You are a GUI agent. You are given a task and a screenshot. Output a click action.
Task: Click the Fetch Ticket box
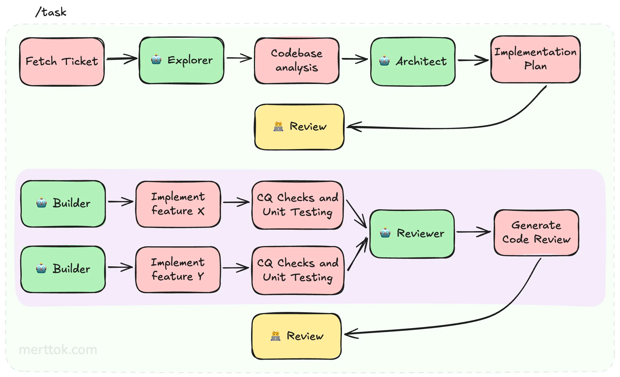[x=62, y=62]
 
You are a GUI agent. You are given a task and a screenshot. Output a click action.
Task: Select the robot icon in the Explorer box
[x=156, y=60]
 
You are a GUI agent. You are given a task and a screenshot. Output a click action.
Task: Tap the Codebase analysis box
[x=297, y=61]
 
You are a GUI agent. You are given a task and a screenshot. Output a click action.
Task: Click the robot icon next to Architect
[x=384, y=61]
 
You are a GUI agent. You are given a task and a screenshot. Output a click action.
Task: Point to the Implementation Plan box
[x=535, y=59]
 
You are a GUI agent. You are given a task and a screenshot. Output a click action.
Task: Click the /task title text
[x=51, y=12]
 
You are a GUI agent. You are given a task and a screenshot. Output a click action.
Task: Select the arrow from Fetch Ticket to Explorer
[x=121, y=59]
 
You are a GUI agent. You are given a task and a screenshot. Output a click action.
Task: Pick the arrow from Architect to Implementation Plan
[x=473, y=60]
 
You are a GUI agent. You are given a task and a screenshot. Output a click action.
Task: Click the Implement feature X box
[x=178, y=204]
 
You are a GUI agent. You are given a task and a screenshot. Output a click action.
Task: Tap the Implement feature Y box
[x=178, y=269]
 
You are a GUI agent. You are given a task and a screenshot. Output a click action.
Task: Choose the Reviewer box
[x=412, y=234]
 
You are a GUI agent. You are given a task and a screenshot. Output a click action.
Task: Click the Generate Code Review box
[x=536, y=232]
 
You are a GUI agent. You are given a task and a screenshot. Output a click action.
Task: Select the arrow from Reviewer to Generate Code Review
[x=473, y=232]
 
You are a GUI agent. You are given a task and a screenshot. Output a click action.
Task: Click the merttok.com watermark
[x=58, y=350]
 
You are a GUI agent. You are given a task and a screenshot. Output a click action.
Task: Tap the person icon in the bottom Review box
[x=275, y=336]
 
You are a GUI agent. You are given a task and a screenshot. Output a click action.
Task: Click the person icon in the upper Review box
[x=278, y=126]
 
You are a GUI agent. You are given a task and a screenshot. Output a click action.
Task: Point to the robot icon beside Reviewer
[x=385, y=233]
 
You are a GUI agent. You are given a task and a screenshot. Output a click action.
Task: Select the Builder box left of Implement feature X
[x=63, y=204]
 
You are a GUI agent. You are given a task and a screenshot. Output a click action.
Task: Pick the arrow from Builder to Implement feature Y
[x=120, y=267]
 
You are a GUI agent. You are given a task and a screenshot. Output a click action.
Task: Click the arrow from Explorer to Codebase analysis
[x=239, y=58]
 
